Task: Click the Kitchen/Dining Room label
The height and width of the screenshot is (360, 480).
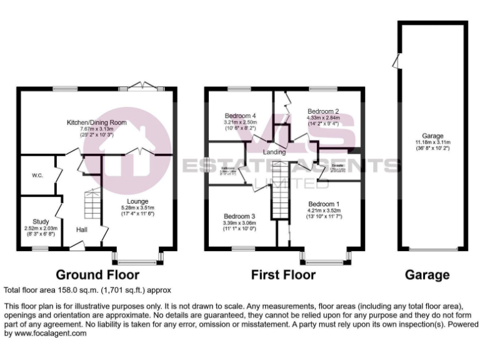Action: pos(97,122)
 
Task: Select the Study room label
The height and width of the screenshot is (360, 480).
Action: pos(41,221)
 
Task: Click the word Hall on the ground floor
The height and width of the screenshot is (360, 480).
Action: pos(82,230)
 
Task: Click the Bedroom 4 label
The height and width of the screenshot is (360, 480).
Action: pos(241,116)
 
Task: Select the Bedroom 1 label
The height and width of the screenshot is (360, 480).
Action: pos(324,204)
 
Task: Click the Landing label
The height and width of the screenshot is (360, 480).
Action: pos(274,152)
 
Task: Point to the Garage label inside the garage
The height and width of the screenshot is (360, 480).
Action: pos(432,136)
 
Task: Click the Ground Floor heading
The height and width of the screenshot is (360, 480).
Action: pos(97,274)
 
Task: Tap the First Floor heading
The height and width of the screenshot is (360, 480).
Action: pos(283,274)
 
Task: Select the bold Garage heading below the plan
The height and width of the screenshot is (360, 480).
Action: pos(427,274)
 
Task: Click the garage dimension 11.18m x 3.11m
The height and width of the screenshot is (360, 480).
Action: pos(432,142)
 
